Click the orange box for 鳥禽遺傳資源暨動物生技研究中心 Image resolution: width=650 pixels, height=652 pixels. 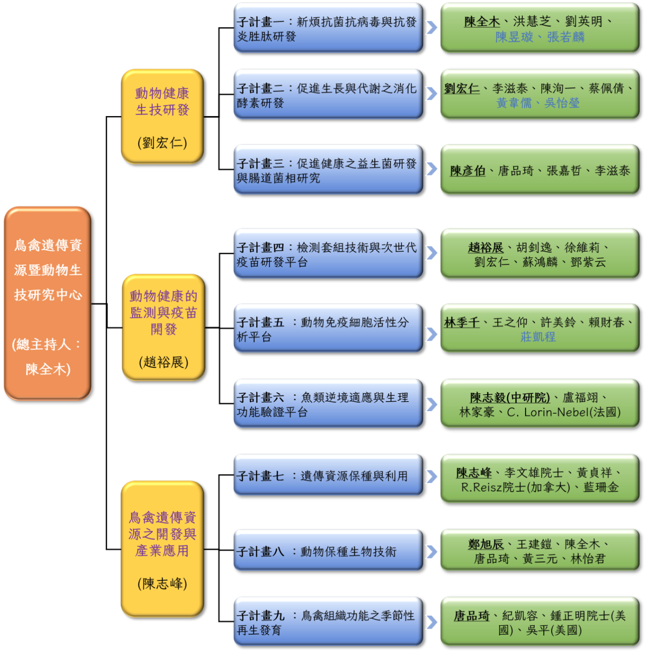click(47, 303)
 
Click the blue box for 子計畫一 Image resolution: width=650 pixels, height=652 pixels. click(327, 28)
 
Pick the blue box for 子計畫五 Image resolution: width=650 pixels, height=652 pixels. click(327, 328)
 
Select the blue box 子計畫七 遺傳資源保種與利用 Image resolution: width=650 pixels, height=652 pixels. click(327, 475)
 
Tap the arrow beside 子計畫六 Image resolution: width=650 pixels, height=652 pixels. click(431, 404)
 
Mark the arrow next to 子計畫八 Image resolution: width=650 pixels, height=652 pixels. click(431, 551)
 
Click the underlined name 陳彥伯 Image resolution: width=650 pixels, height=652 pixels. click(467, 171)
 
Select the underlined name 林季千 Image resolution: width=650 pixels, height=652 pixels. click(462, 322)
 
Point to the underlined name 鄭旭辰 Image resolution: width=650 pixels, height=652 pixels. click(486, 544)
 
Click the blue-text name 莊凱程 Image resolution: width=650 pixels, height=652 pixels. click(538, 337)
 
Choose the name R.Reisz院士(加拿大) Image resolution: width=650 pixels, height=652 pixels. click(515, 487)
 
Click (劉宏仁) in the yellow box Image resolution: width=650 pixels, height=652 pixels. click(162, 143)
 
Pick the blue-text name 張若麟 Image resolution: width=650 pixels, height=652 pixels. click(566, 37)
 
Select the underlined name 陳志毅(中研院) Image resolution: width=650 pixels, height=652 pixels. click(510, 397)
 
